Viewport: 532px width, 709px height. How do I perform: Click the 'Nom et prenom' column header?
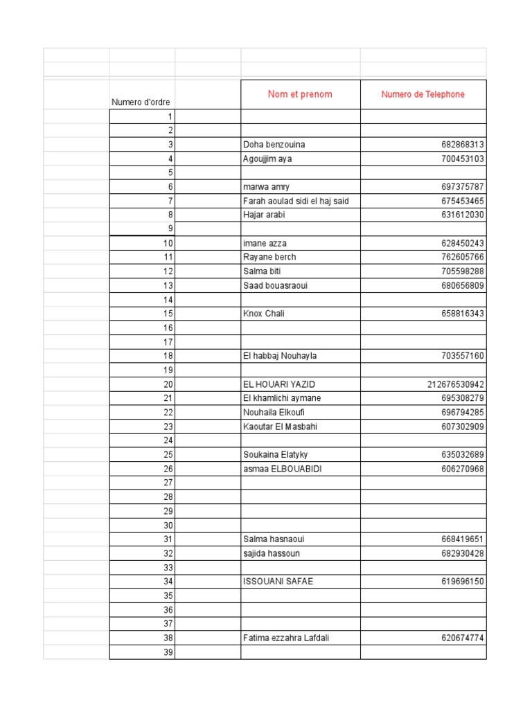tap(300, 94)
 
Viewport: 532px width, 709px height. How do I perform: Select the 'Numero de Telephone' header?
tap(423, 94)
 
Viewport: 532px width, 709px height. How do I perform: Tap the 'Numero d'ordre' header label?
tap(141, 102)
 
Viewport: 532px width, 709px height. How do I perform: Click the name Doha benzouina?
tap(274, 145)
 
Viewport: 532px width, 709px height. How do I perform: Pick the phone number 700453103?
tap(462, 159)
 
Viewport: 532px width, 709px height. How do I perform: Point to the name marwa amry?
tap(267, 187)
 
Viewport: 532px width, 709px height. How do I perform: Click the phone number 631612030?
tap(462, 215)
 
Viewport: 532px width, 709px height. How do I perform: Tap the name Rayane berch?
tap(269, 257)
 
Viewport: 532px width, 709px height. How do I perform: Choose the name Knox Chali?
tap(264, 314)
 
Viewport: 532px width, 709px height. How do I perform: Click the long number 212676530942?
tap(456, 384)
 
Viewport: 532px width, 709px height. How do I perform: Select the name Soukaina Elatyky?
tap(276, 455)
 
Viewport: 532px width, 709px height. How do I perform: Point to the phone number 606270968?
tap(462, 469)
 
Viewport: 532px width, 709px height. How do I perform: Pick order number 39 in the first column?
tap(168, 652)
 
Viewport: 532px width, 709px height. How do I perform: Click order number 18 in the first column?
tap(168, 356)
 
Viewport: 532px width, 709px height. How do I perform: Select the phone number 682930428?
tap(462, 553)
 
